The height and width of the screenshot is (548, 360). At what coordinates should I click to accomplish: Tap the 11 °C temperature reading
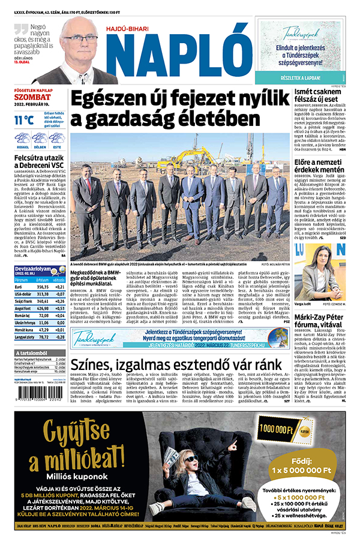pos(25,119)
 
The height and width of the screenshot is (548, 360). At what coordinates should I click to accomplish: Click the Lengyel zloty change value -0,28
pos(59,338)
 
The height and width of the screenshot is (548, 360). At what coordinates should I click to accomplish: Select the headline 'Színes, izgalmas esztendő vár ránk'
pos(174,365)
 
